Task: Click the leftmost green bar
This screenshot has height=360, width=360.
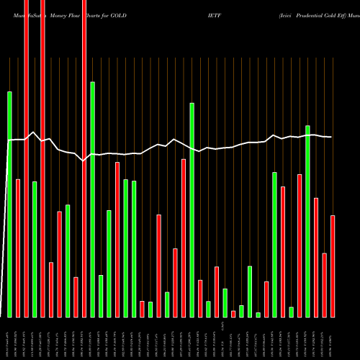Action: pyautogui.click(x=10, y=204)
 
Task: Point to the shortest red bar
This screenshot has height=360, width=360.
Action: pyautogui.click(x=233, y=313)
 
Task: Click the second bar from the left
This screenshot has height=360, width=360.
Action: pyautogui.click(x=18, y=248)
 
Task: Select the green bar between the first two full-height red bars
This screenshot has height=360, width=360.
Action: pyautogui.click(x=35, y=249)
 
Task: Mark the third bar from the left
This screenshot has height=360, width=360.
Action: pyautogui.click(x=27, y=158)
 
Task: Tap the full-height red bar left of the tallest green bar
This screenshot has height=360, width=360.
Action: pyautogui.click(x=84, y=158)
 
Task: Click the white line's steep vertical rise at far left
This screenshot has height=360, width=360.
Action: pyautogui.click(x=7, y=216)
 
